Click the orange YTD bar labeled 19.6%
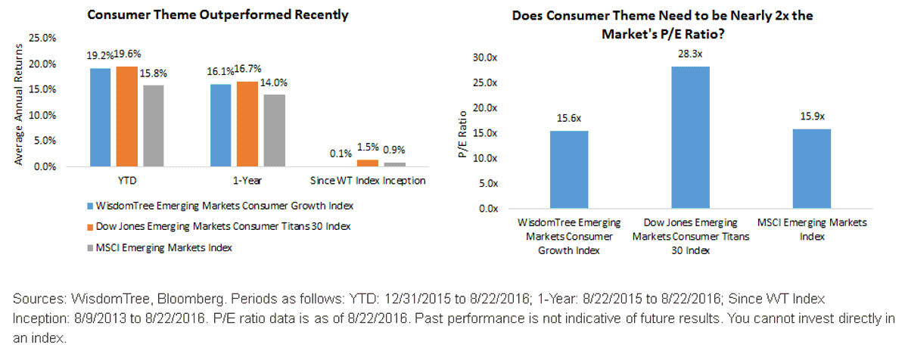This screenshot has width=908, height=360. tap(127, 116)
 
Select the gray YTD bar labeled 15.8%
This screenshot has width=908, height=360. tap(154, 126)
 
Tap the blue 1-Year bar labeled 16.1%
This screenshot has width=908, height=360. tap(220, 126)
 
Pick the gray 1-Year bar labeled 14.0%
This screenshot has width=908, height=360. tap(275, 131)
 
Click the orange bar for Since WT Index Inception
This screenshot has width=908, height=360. tap(368, 163)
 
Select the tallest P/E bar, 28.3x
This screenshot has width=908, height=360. tap(690, 138)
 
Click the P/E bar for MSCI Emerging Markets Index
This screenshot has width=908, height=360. tap(812, 169)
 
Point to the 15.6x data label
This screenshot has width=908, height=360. tap(569, 118)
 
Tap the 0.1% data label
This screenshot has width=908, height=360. tap(340, 154)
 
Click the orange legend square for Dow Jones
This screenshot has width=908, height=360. tap(90, 227)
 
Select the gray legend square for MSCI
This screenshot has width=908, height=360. tap(90, 248)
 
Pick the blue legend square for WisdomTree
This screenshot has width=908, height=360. tap(90, 206)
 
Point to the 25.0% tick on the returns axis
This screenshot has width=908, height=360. tap(42, 38)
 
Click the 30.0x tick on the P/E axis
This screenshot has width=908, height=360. tap(485, 57)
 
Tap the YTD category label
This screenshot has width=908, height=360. tap(127, 181)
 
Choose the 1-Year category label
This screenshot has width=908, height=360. tap(247, 181)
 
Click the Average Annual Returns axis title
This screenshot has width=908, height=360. tap(19, 104)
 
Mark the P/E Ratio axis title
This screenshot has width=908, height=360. tap(462, 134)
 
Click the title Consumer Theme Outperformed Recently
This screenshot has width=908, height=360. tap(218, 14)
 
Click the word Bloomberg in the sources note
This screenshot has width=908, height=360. tap(190, 299)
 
